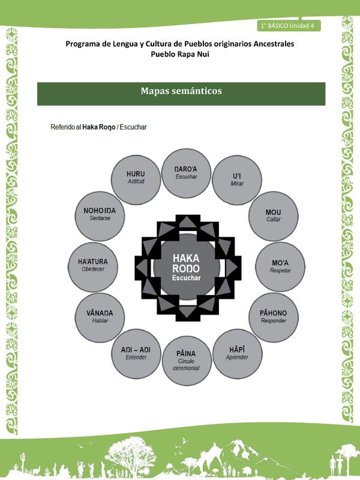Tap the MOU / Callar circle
273,215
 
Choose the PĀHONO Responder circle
273,316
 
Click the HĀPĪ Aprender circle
238,353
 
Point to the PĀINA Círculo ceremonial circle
186,360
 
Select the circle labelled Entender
136,354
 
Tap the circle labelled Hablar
99,316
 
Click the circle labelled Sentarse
100,215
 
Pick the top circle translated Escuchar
186,173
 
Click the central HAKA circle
186,267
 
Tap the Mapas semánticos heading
181,92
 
